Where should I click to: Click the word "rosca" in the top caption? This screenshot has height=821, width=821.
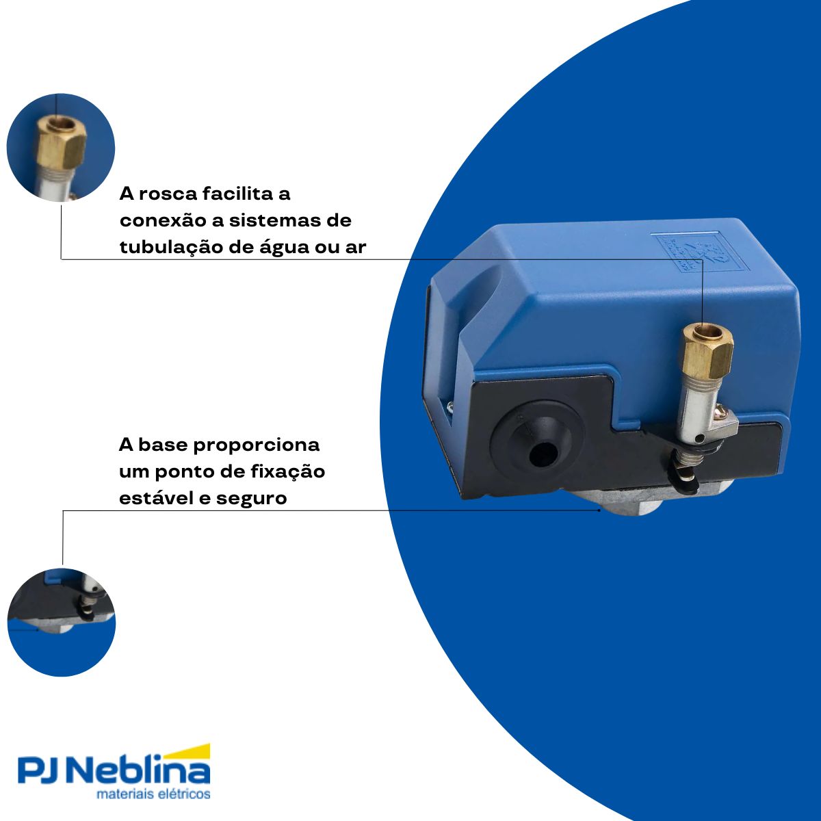[169, 194]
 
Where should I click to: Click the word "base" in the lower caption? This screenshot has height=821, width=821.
[163, 445]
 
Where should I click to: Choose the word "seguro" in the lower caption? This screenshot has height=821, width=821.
[251, 499]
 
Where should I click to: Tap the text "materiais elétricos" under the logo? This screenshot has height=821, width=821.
[153, 795]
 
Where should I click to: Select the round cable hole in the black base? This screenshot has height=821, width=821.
[540, 452]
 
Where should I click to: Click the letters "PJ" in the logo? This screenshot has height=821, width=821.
[41, 772]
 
